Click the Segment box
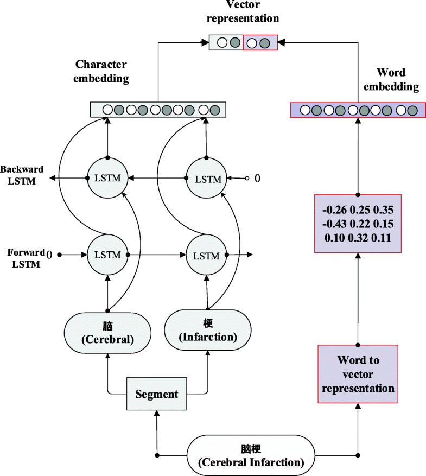tap(156, 394)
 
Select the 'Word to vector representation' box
tap(358, 374)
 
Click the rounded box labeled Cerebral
tap(107, 332)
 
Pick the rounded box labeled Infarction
tap(208, 331)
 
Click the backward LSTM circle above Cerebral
tap(107, 177)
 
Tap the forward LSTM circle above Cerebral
tap(107, 255)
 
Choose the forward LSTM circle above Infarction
tap(206, 255)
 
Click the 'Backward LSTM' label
tap(22, 175)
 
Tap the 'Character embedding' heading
tap(101, 71)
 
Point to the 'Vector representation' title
tap(243, 12)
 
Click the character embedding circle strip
tap(157, 110)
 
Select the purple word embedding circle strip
tap(358, 110)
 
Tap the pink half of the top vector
tap(260, 42)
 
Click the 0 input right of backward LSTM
tap(257, 178)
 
